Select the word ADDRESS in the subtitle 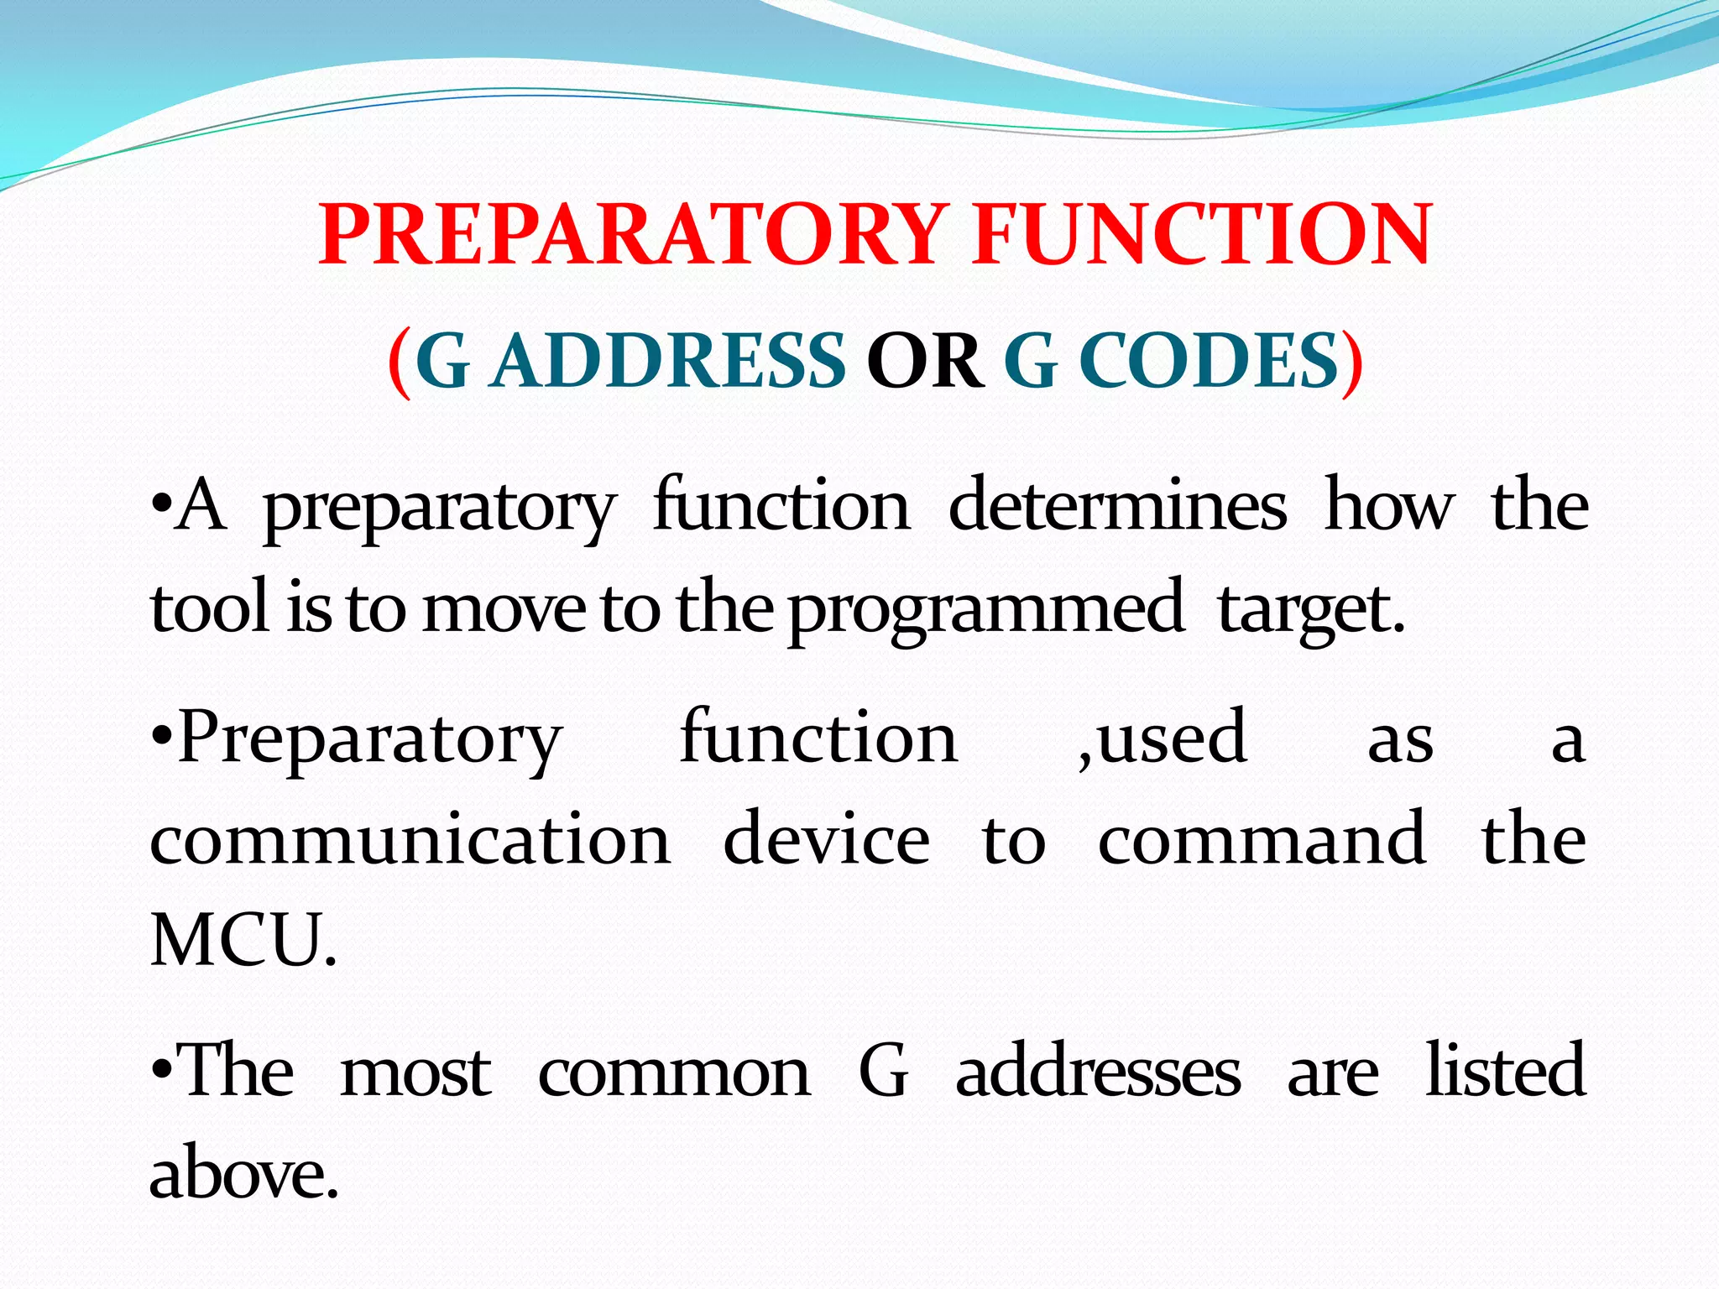click(x=669, y=362)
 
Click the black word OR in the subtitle click(x=924, y=362)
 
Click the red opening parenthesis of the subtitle click(x=400, y=363)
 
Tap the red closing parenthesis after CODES click(x=1351, y=363)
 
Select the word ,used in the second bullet click(x=1163, y=738)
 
